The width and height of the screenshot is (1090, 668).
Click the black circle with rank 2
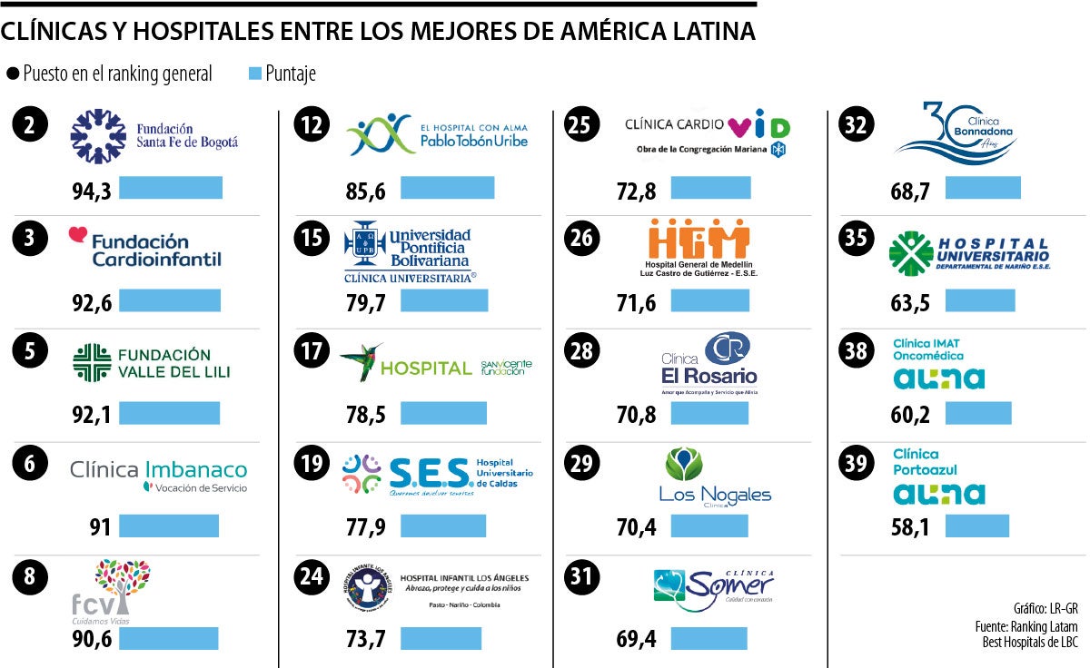click(31, 126)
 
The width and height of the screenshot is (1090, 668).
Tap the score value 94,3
click(92, 191)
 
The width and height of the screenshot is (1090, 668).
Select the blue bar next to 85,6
click(447, 188)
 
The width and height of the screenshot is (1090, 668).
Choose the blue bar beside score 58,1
click(976, 526)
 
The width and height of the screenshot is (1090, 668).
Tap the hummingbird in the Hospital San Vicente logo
click(361, 362)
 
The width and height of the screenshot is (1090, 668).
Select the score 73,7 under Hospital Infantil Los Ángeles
click(366, 640)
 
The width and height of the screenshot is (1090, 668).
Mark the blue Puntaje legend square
click(254, 74)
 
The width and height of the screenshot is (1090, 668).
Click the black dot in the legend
click(12, 74)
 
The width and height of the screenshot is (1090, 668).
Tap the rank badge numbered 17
click(312, 351)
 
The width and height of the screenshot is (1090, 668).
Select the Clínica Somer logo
click(714, 585)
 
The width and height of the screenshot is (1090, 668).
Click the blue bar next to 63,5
click(979, 300)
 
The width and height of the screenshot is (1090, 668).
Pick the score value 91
click(97, 526)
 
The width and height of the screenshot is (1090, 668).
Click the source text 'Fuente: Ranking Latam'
click(1031, 626)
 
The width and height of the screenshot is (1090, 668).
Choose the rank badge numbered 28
click(582, 351)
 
